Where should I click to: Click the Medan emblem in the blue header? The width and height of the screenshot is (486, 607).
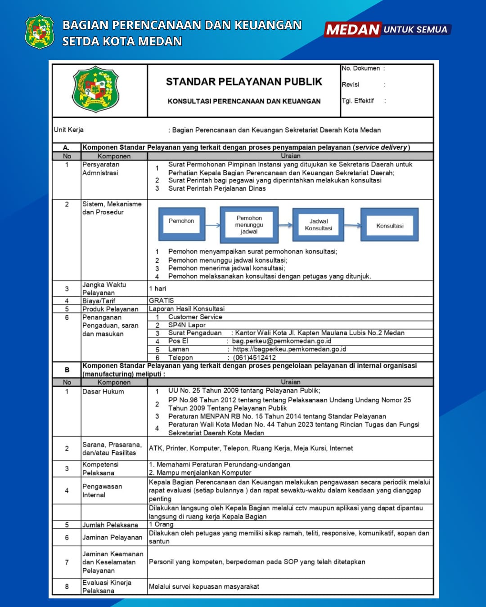[40, 31]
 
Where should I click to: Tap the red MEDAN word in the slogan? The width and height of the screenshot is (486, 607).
[353, 30]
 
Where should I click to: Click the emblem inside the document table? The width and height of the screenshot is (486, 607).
[95, 89]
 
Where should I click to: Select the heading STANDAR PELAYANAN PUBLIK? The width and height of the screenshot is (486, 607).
[244, 82]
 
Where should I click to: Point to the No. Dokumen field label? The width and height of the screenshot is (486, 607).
[361, 68]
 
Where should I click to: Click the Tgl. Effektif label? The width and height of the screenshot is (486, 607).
[358, 101]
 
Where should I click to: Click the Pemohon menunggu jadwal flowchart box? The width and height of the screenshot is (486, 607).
[249, 224]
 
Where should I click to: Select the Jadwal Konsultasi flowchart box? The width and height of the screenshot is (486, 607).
[318, 224]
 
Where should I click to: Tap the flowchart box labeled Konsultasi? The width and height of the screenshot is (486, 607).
[390, 225]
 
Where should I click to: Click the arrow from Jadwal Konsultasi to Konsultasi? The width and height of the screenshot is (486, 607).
[352, 225]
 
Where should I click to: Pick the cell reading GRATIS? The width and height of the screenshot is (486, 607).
[162, 300]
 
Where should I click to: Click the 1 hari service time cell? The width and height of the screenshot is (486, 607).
[157, 289]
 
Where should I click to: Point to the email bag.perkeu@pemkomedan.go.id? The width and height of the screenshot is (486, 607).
[281, 341]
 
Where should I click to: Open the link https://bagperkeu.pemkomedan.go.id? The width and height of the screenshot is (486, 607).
[289, 349]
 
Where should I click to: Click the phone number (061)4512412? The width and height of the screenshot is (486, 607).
[254, 357]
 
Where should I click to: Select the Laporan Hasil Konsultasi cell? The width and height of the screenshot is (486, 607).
[187, 309]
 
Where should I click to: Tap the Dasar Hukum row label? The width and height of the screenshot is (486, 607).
[103, 392]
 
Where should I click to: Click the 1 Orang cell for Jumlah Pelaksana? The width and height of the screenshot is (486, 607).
[161, 524]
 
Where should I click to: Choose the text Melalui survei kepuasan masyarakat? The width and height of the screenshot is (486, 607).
[204, 586]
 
